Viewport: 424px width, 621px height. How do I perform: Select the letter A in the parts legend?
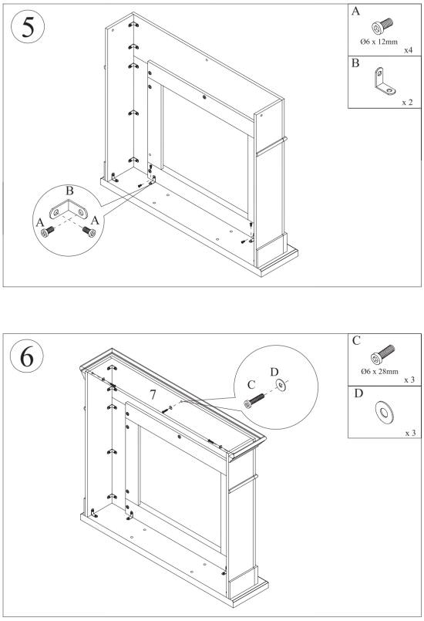pos(356,12)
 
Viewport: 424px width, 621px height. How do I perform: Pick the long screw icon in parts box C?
pos(382,355)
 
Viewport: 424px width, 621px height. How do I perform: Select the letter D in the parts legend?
pos(356,393)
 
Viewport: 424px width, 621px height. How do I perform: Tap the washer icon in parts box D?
pos(382,410)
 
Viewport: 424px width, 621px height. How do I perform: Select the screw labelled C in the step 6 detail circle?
pos(255,402)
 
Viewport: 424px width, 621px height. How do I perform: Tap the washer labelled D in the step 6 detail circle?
pos(279,383)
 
